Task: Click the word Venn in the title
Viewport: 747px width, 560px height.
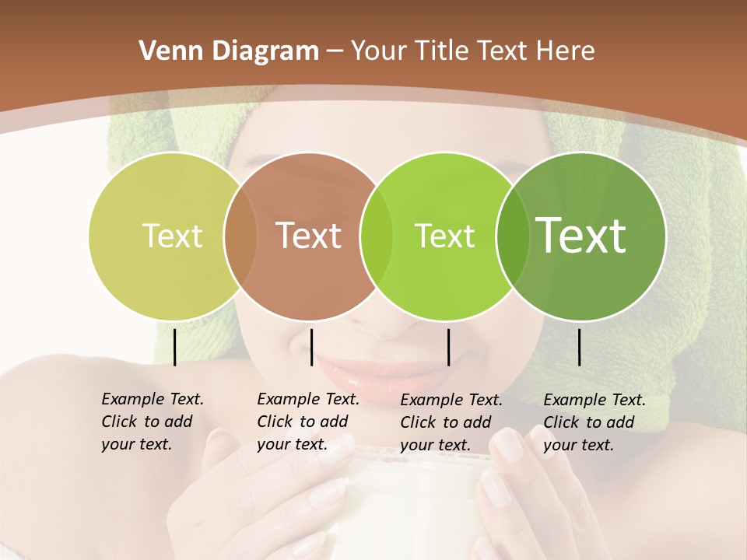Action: [166, 51]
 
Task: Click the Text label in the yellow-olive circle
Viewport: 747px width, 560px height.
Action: [172, 236]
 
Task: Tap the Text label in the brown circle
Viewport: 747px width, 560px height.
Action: [309, 236]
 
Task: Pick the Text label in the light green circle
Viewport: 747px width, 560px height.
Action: [444, 236]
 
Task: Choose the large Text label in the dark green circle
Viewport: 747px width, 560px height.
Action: [581, 236]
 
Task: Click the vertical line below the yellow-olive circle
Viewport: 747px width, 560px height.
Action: [174, 347]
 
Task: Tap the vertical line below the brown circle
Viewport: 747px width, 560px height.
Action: [311, 347]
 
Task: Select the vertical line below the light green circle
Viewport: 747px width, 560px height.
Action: [448, 347]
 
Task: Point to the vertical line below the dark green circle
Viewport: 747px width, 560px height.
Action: [579, 347]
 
